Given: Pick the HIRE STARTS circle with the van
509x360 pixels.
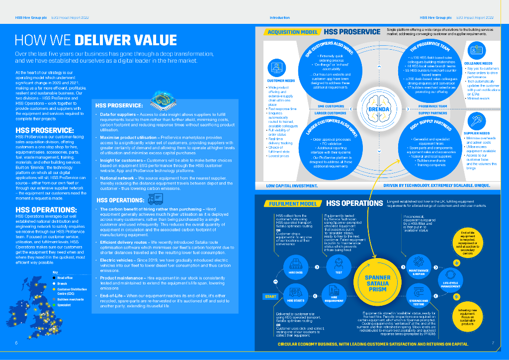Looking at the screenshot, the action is point(295,294).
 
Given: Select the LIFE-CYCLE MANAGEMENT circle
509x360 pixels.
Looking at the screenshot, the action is point(451,280).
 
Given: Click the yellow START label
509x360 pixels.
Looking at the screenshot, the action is point(270,297).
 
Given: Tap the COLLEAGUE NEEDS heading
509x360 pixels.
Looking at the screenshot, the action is point(478,64).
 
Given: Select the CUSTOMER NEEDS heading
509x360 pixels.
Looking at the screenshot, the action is point(281,81).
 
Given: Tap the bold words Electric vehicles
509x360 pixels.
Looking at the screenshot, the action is point(115,260).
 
